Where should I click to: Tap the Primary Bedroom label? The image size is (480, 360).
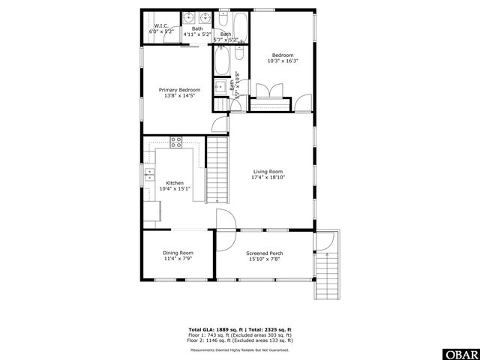point(179,89)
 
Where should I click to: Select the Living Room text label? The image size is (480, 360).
point(268,172)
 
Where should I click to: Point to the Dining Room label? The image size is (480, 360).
point(178,253)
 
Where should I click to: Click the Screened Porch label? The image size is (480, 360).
point(264,253)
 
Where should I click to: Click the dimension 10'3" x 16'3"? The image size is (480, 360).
point(283,61)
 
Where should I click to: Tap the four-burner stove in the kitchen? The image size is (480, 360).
point(177,142)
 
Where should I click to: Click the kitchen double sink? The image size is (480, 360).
point(149,177)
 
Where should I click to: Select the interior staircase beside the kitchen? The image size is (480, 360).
point(216,170)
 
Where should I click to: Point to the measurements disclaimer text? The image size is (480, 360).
point(239,349)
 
